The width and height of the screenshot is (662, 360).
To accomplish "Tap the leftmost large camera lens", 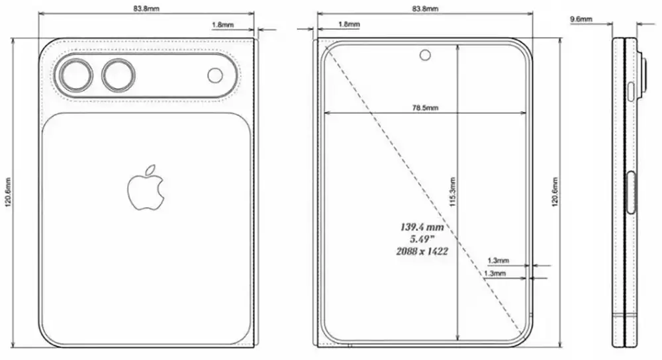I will pos(74,74).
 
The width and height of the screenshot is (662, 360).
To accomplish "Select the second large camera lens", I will pos(118,74).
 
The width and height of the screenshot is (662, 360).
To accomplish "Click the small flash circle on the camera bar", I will pos(215,75).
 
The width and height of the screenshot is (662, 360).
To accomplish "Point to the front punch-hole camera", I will pos(424,55).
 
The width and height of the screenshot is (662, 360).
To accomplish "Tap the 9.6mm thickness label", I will pos(581,20).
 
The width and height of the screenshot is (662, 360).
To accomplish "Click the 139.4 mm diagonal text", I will pos(421,226).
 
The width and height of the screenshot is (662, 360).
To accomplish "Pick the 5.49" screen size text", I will pos(421,239).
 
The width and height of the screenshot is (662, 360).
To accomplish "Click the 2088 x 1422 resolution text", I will pos(421,251).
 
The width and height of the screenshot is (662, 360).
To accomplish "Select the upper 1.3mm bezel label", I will pos(498,260).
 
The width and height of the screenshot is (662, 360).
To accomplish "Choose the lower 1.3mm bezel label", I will pos(495,273).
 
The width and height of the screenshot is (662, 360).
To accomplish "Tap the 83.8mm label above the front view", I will pos(424,9).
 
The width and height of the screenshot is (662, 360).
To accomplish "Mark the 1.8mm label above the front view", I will pos(348,24).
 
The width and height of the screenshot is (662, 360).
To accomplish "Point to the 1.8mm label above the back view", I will pos(222,24).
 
